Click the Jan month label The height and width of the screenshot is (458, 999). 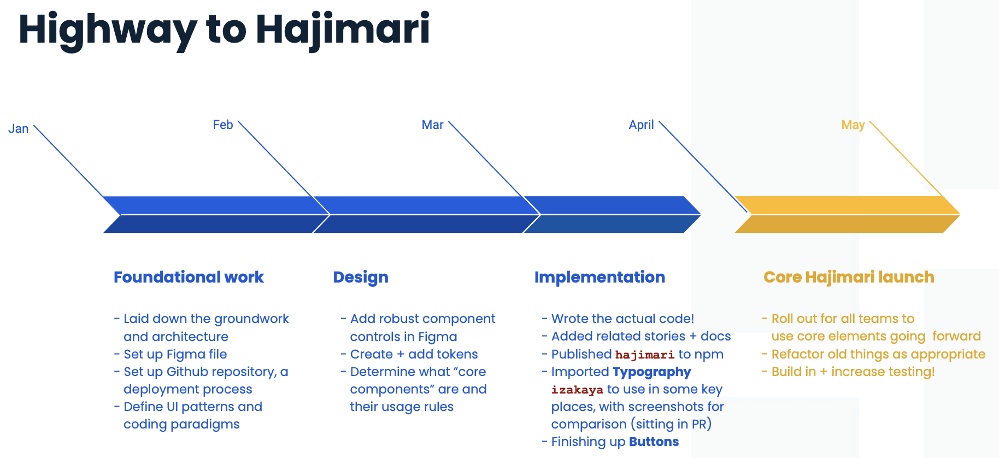click(x=19, y=128)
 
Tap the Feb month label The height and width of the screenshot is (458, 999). click(x=223, y=125)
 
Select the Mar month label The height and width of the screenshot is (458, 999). click(x=432, y=125)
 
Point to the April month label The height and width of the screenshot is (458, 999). click(x=641, y=125)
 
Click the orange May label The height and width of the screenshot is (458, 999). click(x=853, y=125)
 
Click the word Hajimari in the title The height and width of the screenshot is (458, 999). click(x=343, y=30)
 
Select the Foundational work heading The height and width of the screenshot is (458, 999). click(x=189, y=277)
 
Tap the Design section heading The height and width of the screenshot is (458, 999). click(x=361, y=278)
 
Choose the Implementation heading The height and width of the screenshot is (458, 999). click(x=600, y=278)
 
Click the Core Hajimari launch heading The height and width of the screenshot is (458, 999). click(x=849, y=278)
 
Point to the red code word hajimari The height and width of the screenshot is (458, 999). click(x=645, y=355)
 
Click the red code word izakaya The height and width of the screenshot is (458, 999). click(x=577, y=390)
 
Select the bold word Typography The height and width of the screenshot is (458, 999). click(x=652, y=372)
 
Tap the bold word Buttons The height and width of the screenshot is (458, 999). click(x=654, y=442)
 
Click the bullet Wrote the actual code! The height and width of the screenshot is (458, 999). click(x=618, y=319)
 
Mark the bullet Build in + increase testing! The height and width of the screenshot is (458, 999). click(x=849, y=372)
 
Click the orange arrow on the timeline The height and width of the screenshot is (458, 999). click(x=847, y=215)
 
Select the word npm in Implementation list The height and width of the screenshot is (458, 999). click(x=709, y=355)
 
